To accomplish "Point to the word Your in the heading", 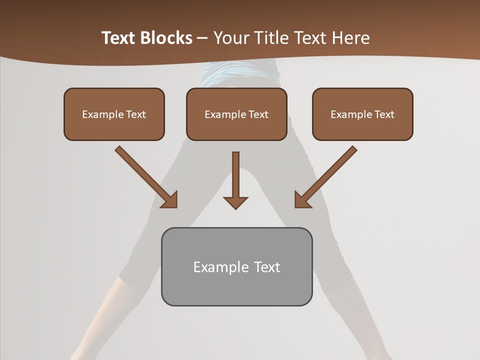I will [x=229, y=38].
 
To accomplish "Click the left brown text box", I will [x=114, y=114].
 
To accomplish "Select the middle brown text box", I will [x=236, y=114].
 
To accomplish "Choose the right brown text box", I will [x=362, y=114].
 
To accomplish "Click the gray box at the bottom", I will [x=236, y=266].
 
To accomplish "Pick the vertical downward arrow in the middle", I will [x=235, y=175].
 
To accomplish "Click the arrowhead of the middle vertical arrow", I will [x=235, y=202].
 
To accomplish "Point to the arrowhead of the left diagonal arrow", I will [x=170, y=200].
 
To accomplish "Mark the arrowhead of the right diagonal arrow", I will [x=301, y=200].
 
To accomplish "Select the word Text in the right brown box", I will [x=384, y=114].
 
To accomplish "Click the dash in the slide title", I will [x=202, y=38].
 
